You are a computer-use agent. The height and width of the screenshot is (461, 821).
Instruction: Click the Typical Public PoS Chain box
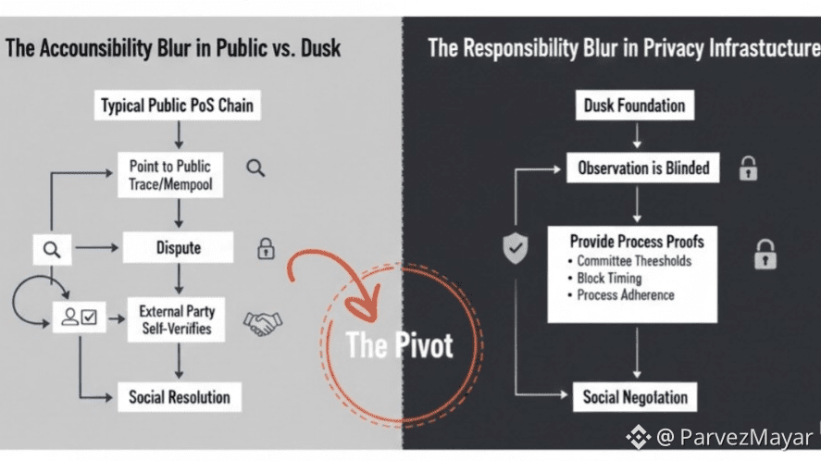pos(177,106)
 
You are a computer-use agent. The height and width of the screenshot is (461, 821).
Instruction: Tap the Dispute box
pos(178,248)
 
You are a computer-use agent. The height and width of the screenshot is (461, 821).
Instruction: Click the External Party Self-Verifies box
pos(176,319)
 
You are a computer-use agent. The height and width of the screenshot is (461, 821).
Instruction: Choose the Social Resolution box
pos(180,398)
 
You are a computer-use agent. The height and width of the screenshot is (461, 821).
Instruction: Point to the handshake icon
pos(263,321)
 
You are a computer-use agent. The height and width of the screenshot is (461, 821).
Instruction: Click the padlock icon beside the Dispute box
pos(267,248)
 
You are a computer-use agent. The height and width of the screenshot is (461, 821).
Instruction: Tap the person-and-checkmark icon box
pos(79,318)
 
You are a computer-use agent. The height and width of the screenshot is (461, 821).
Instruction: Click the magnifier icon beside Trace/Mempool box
pos(255,168)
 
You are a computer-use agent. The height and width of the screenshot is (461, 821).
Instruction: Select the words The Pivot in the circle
pos(399,345)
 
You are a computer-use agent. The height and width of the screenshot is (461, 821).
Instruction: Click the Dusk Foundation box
pos(634,106)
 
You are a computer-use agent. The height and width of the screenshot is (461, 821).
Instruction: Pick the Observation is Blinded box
pos(643,168)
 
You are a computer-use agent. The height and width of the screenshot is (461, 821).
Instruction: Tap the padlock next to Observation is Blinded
pos(748,168)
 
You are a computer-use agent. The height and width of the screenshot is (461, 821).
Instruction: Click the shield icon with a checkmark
pos(516,248)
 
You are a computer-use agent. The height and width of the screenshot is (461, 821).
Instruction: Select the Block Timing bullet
pos(609,279)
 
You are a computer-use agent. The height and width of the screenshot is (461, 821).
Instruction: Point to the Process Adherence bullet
pos(625,295)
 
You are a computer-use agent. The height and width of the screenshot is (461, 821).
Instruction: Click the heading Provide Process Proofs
pos(637,242)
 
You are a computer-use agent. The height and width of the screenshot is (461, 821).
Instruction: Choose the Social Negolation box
pos(635,398)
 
